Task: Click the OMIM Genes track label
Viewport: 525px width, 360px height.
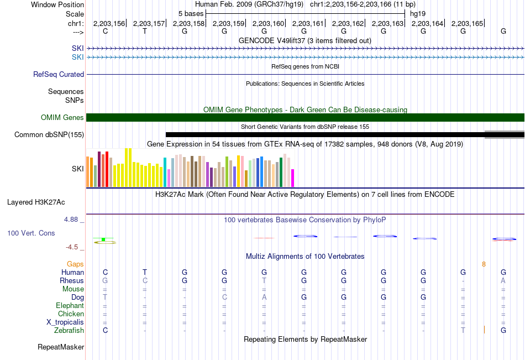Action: pyautogui.click(x=62, y=117)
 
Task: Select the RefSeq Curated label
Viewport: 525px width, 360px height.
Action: pyautogui.click(x=59, y=75)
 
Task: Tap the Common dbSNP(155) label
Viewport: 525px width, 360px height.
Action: pyautogui.click(x=49, y=135)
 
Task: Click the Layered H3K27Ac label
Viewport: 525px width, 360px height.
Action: pyautogui.click(x=36, y=202)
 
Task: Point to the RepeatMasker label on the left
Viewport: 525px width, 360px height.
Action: pyautogui.click(x=61, y=347)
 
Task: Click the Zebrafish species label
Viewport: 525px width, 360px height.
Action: pyautogui.click(x=69, y=330)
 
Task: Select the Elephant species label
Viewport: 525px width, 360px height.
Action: pyautogui.click(x=70, y=305)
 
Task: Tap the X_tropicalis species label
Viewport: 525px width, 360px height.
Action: pyautogui.click(x=65, y=322)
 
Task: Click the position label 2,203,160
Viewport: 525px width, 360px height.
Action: pyautogui.click(x=268, y=23)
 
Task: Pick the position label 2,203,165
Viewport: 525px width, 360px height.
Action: pyautogui.click(x=467, y=23)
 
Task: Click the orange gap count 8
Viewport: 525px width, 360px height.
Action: pyautogui.click(x=484, y=264)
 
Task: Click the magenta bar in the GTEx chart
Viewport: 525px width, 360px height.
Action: pyautogui.click(x=293, y=178)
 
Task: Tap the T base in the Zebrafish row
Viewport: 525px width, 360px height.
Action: pyautogui.click(x=463, y=330)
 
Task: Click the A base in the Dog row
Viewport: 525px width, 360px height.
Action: pyautogui.click(x=264, y=297)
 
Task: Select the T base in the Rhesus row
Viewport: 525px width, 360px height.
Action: pyautogui.click(x=264, y=280)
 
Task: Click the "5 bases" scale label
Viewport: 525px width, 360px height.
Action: pyautogui.click(x=191, y=14)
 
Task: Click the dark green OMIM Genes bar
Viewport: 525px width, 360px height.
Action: pyautogui.click(x=306, y=117)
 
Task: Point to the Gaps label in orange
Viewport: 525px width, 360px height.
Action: pyautogui.click(x=75, y=264)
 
